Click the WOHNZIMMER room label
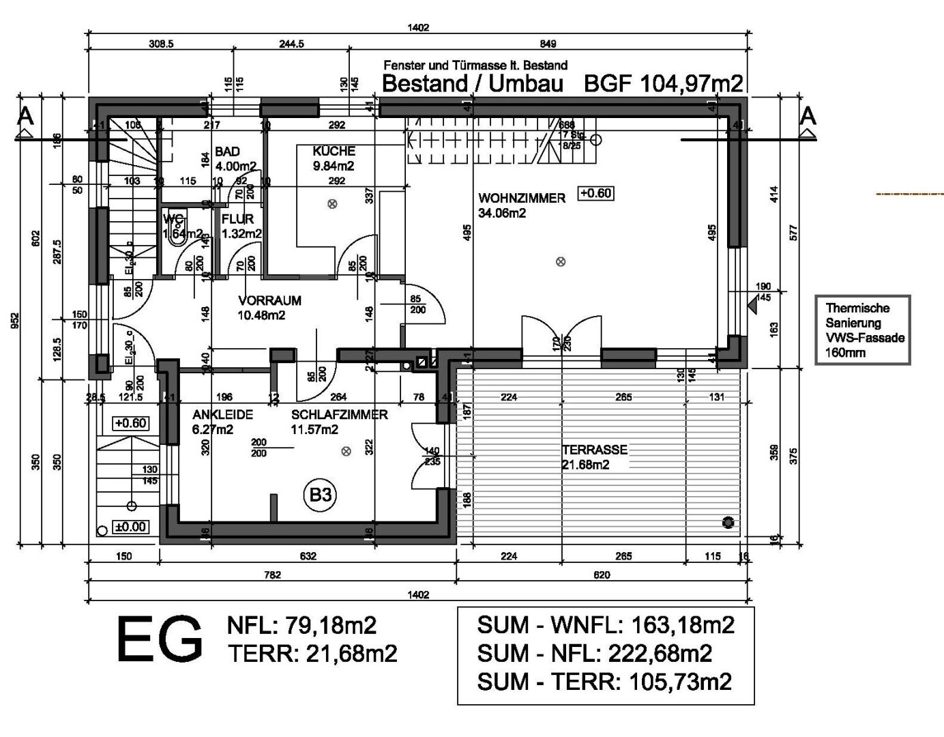coord(522,199)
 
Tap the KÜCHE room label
coord(334,151)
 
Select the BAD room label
coord(227,151)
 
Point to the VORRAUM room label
coord(269,300)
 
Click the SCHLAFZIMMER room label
coord(339,415)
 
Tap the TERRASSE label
coord(594,450)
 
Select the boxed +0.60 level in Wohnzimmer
coord(595,193)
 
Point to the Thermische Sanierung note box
coord(862,330)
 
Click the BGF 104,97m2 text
coord(664,84)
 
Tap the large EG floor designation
coord(160,639)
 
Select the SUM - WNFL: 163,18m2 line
coord(606,624)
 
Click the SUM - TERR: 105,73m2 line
coord(604,681)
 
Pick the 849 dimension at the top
coord(548,44)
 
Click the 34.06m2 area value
coord(502,214)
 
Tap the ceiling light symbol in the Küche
coord(332,203)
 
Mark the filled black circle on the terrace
coord(728,523)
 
